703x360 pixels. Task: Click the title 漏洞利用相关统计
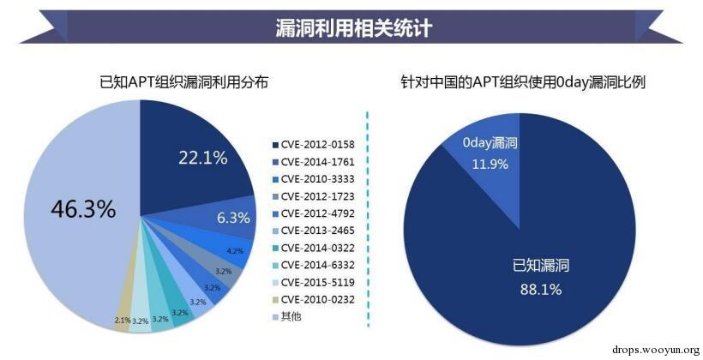click(x=353, y=28)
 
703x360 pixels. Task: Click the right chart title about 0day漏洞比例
click(x=523, y=82)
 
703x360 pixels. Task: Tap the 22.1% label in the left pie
click(x=203, y=157)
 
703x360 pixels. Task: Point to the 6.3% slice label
click(x=233, y=219)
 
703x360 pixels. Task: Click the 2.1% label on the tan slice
click(x=123, y=319)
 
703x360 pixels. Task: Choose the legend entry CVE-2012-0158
click(x=317, y=143)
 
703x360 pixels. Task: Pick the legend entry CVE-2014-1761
click(x=317, y=160)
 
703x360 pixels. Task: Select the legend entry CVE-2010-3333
click(x=317, y=177)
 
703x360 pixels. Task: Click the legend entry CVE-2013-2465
click(x=317, y=230)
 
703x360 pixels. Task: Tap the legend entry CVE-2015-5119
click(x=317, y=281)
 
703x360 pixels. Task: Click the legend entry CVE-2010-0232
click(x=317, y=298)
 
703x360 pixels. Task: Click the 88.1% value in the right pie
click(x=541, y=289)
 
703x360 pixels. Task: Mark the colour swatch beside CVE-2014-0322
click(x=275, y=247)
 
